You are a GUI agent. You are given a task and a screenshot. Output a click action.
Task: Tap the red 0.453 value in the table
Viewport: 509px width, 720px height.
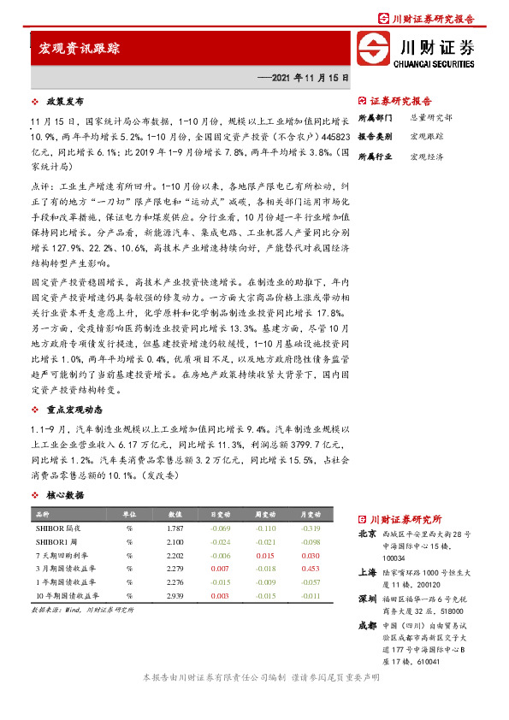[311, 569]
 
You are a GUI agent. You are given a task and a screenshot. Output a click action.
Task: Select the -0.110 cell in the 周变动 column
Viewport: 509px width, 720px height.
[266, 530]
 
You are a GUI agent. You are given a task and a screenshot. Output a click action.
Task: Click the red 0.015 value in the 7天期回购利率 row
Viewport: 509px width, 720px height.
[266, 556]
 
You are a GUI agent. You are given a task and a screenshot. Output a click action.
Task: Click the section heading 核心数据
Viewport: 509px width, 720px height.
[64, 495]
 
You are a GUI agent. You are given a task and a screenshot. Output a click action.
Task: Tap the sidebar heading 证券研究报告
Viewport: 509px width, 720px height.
[400, 101]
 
